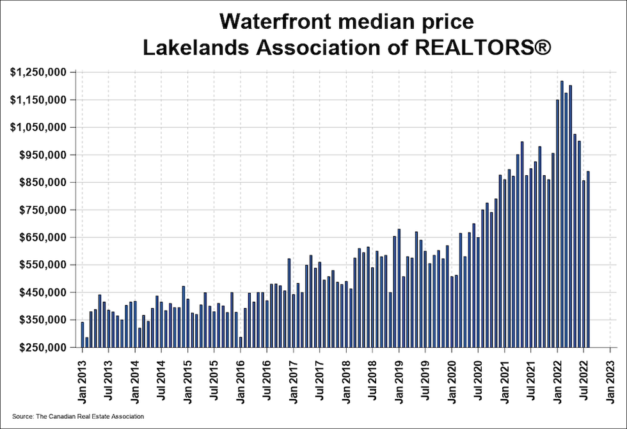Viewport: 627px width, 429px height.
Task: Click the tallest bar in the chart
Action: pyautogui.click(x=562, y=214)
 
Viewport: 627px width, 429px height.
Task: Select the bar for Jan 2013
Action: pyautogui.click(x=82, y=325)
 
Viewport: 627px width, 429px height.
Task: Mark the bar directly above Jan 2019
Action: pyautogui.click(x=399, y=288)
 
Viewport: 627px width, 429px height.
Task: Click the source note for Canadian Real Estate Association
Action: pyautogui.click(x=78, y=416)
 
